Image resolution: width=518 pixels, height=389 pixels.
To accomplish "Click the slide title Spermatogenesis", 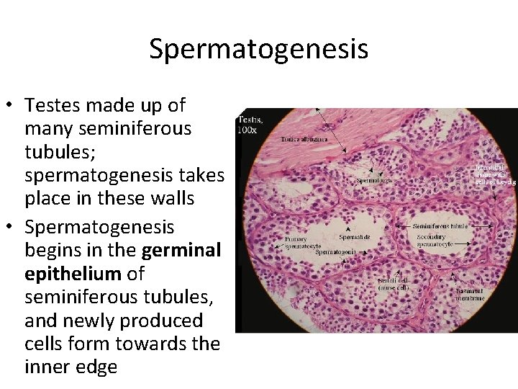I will click(x=259, y=49).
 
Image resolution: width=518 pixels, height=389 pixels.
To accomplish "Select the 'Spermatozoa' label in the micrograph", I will click(x=375, y=181).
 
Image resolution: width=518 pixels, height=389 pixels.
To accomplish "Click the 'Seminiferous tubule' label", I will click(x=440, y=225).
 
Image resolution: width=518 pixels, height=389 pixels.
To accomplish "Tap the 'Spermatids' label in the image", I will click(x=355, y=236).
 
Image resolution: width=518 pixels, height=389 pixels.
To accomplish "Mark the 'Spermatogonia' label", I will click(x=337, y=252).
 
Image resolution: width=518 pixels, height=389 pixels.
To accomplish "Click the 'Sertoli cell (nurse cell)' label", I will click(x=395, y=284).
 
